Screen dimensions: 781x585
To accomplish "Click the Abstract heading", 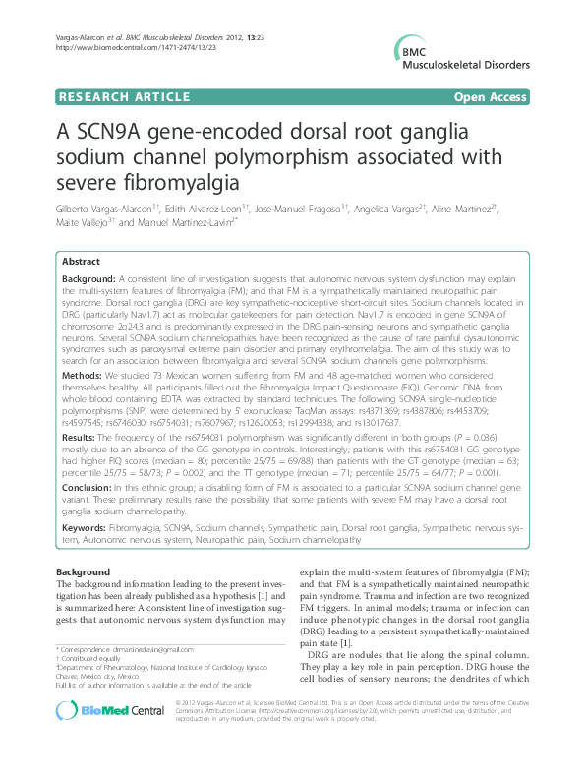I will coord(82,262).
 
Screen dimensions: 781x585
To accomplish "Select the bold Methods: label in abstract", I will coord(84,376).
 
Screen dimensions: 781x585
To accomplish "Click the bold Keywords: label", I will coord(88,528).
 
